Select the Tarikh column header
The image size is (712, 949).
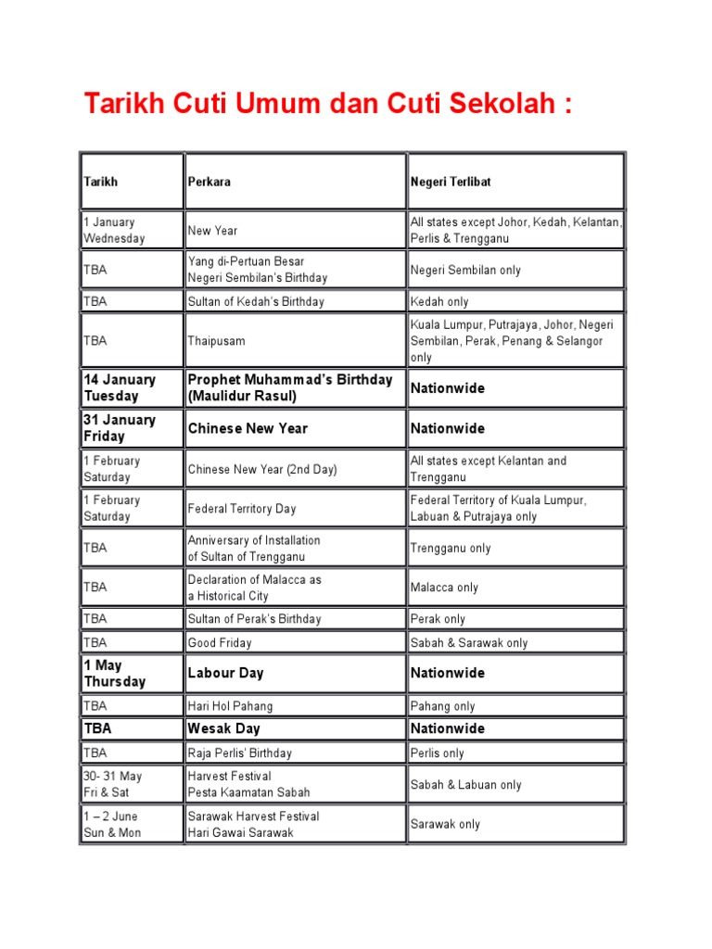coord(101,182)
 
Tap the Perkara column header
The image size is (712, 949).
coord(210,182)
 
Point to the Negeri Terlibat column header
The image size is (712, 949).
coord(451,182)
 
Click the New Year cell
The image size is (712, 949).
coord(213,231)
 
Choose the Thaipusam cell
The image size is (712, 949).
coord(217,341)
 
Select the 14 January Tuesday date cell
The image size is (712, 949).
coord(121,387)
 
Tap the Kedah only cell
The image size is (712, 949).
coord(439,302)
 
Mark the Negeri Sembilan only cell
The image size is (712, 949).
coord(465,271)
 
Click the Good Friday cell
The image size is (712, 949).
coord(220,643)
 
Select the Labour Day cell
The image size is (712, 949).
coord(226,673)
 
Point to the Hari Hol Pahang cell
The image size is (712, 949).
coord(230,706)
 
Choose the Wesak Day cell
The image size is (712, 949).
coord(223,728)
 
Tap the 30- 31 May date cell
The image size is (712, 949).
coord(113,784)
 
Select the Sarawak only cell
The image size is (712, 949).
coord(445,824)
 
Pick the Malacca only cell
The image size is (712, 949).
coord(444,588)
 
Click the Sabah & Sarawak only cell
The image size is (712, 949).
coord(469,643)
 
